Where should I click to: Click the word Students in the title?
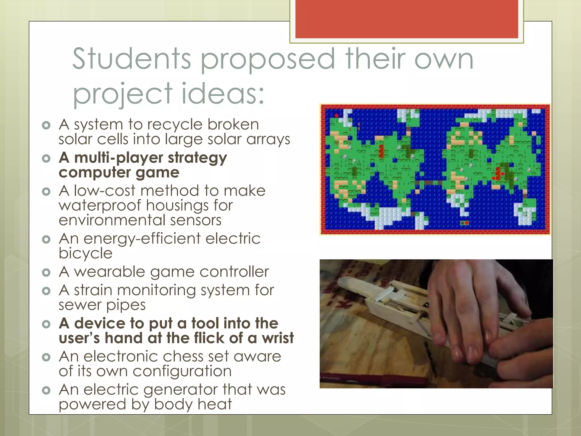click(x=132, y=59)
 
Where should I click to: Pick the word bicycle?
click(x=85, y=253)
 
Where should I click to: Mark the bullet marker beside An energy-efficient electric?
click(x=46, y=239)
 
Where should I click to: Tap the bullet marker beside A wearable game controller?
click(x=46, y=272)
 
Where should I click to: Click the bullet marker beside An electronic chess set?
click(x=46, y=357)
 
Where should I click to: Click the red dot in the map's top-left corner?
click(x=336, y=116)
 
